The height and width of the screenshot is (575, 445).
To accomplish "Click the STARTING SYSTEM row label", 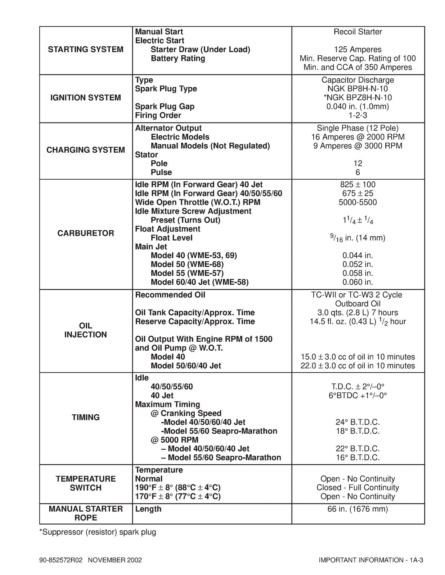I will [85, 50].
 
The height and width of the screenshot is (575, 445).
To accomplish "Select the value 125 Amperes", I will [358, 50].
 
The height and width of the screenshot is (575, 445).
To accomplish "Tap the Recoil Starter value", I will [358, 32].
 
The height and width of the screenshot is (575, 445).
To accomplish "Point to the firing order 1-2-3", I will [358, 115].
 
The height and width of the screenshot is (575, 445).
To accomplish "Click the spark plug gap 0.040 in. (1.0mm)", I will [358, 106].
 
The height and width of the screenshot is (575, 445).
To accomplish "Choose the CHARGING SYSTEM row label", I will [85, 150].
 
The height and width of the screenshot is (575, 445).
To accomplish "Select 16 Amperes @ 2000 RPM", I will [358, 137].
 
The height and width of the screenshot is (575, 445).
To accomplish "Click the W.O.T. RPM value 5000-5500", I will [358, 202].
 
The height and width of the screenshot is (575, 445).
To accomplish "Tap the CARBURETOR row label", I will [85, 233].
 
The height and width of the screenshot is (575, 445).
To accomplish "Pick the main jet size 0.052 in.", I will [358, 264].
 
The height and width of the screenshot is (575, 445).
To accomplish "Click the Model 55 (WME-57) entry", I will [187, 273].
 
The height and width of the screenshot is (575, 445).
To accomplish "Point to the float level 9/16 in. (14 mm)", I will [358, 238].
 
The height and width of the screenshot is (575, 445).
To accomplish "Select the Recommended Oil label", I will [170, 295].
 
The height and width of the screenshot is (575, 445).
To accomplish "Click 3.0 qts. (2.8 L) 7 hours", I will [358, 313].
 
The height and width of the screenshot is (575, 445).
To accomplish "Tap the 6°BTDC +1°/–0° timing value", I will [358, 396].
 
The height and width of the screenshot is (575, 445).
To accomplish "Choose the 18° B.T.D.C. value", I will [358, 431].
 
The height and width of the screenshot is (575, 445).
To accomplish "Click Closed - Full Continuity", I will [358, 488].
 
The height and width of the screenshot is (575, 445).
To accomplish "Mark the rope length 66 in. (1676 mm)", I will [358, 509].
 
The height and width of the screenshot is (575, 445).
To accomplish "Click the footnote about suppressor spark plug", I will [98, 532].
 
